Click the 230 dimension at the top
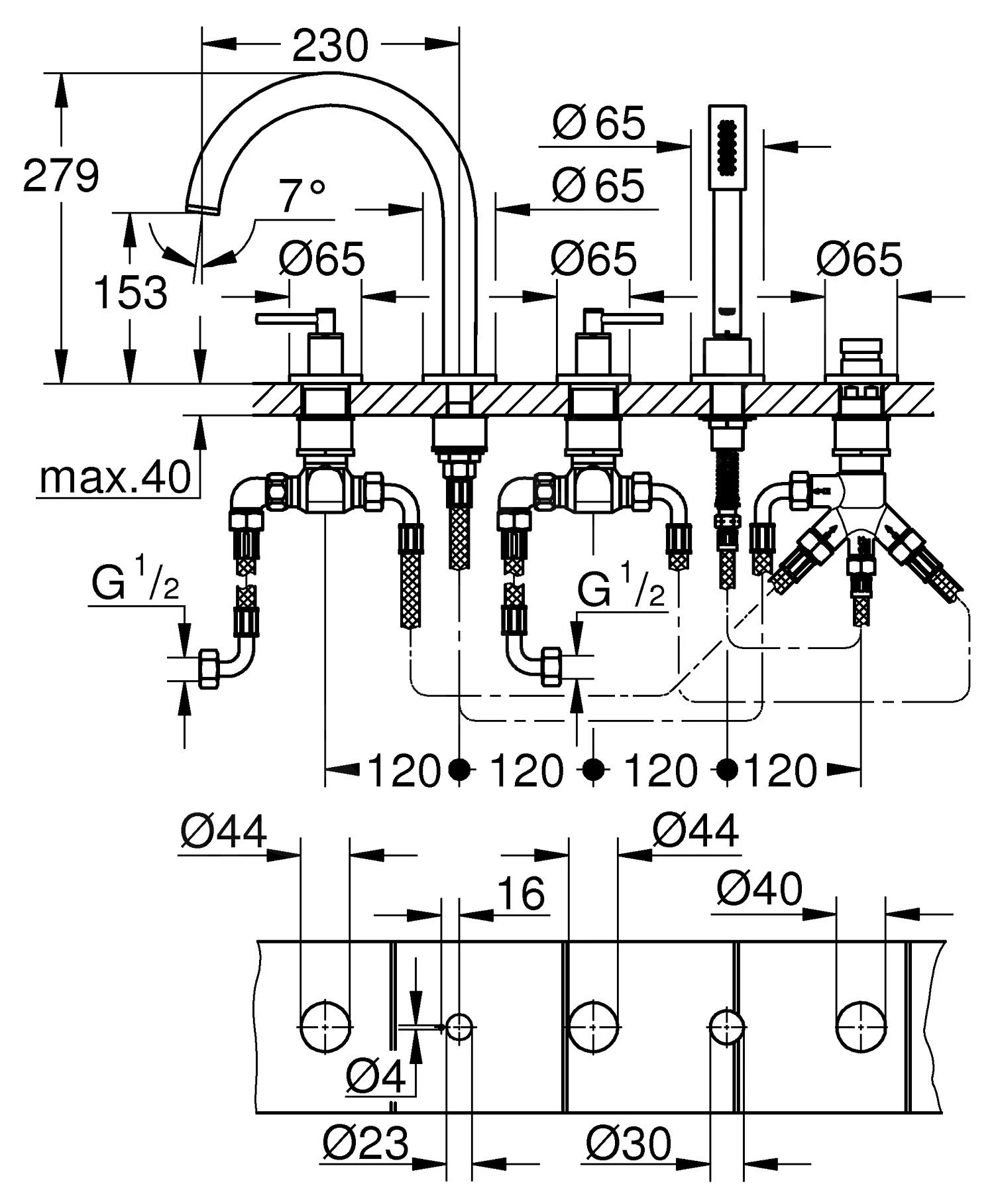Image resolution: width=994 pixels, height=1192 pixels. click(x=329, y=45)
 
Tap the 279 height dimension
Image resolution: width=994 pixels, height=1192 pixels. click(x=61, y=176)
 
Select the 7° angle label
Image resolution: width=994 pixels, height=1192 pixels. click(x=302, y=196)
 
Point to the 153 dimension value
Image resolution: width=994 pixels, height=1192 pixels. click(x=131, y=292)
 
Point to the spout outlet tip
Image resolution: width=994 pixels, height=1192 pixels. click(x=202, y=208)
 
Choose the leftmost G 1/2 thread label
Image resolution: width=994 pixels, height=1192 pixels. click(x=136, y=581)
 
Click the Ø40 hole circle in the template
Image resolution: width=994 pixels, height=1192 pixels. click(x=861, y=1027)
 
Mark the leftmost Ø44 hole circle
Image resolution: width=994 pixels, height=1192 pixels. click(x=325, y=1027)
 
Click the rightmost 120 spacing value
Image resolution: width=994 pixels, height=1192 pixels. click(x=781, y=770)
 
